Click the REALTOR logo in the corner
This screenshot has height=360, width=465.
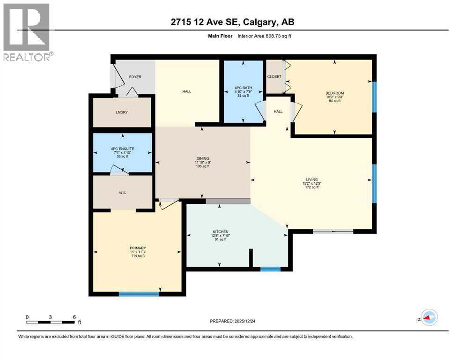(27, 32)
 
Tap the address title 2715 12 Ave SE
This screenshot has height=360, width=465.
(232, 22)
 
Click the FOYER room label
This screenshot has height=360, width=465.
(135, 77)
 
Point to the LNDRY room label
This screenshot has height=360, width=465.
(122, 112)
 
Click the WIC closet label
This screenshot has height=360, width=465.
(122, 192)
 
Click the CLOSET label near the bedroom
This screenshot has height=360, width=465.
(274, 76)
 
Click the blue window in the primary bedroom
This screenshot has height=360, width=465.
(139, 294)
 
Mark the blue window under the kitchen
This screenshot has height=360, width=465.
(270, 269)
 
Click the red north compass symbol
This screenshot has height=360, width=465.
(428, 318)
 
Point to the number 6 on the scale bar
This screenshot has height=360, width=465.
(74, 316)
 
